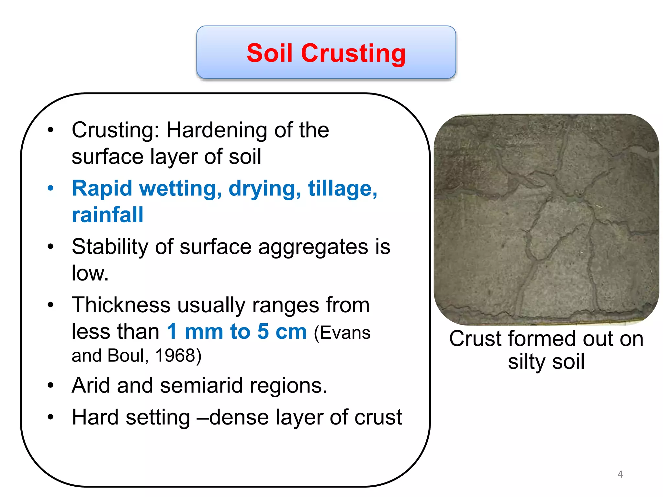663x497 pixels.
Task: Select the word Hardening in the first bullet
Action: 217,130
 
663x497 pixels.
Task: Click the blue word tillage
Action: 343,188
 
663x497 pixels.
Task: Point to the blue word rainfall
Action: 107,215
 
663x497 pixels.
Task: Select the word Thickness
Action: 121,305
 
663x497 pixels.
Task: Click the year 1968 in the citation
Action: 175,356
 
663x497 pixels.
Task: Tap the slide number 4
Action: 620,474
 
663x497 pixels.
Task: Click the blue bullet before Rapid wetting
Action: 51,188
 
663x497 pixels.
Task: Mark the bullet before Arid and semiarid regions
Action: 51,385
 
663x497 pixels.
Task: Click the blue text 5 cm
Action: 282,332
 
